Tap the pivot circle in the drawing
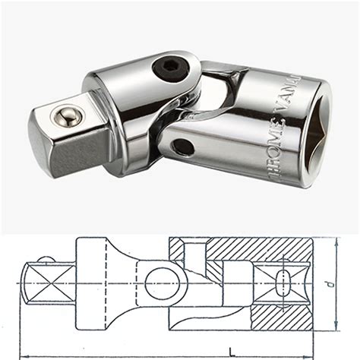[x=166, y=283]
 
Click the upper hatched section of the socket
[x=251, y=248]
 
